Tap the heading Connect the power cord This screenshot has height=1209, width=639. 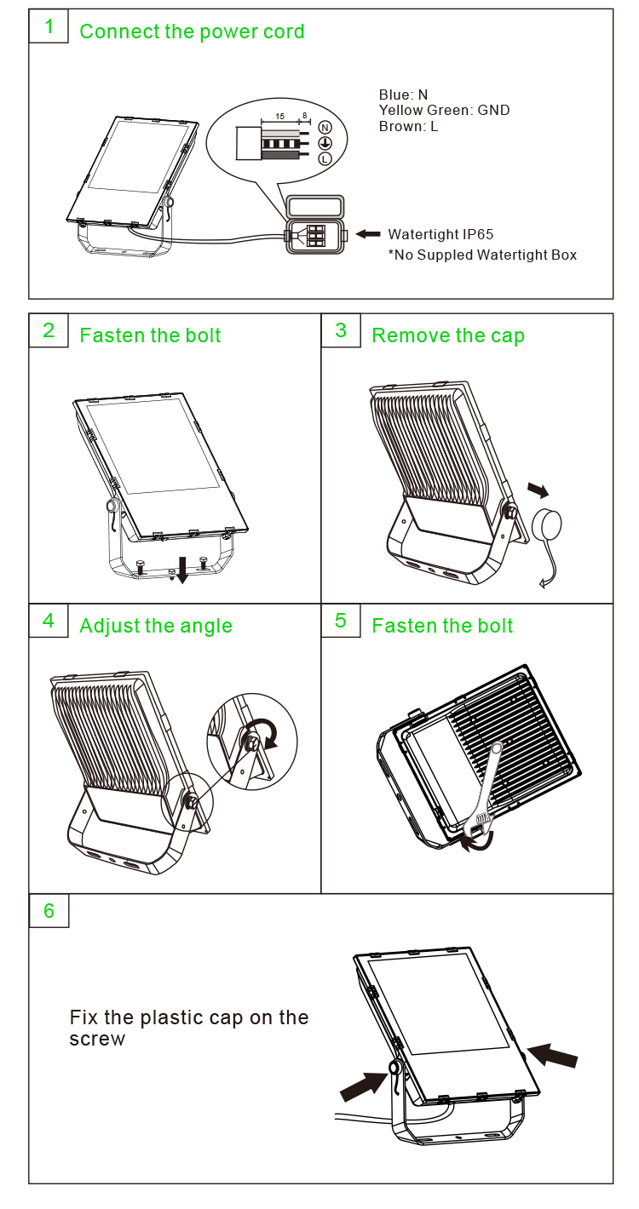point(192,32)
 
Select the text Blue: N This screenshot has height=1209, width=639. point(403,95)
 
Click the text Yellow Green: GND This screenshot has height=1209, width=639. point(444,111)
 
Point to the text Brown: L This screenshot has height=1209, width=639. point(408,126)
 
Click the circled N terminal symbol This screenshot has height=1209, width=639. point(325,128)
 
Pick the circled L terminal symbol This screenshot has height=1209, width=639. point(325,159)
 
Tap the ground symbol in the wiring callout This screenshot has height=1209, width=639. point(325,143)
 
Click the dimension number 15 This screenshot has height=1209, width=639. point(279,116)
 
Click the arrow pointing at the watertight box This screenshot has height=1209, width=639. point(368,234)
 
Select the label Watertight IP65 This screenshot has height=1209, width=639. point(440,235)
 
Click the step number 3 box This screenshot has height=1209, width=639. point(341,330)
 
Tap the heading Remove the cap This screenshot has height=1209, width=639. point(448,335)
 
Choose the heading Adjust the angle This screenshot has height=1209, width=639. point(156,627)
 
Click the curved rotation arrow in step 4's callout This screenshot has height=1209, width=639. point(263,733)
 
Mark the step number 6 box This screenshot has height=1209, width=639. point(49,911)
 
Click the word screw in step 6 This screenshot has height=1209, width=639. point(97,1040)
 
